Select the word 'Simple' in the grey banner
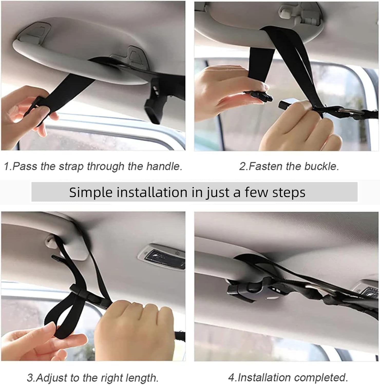pos(91,192)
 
